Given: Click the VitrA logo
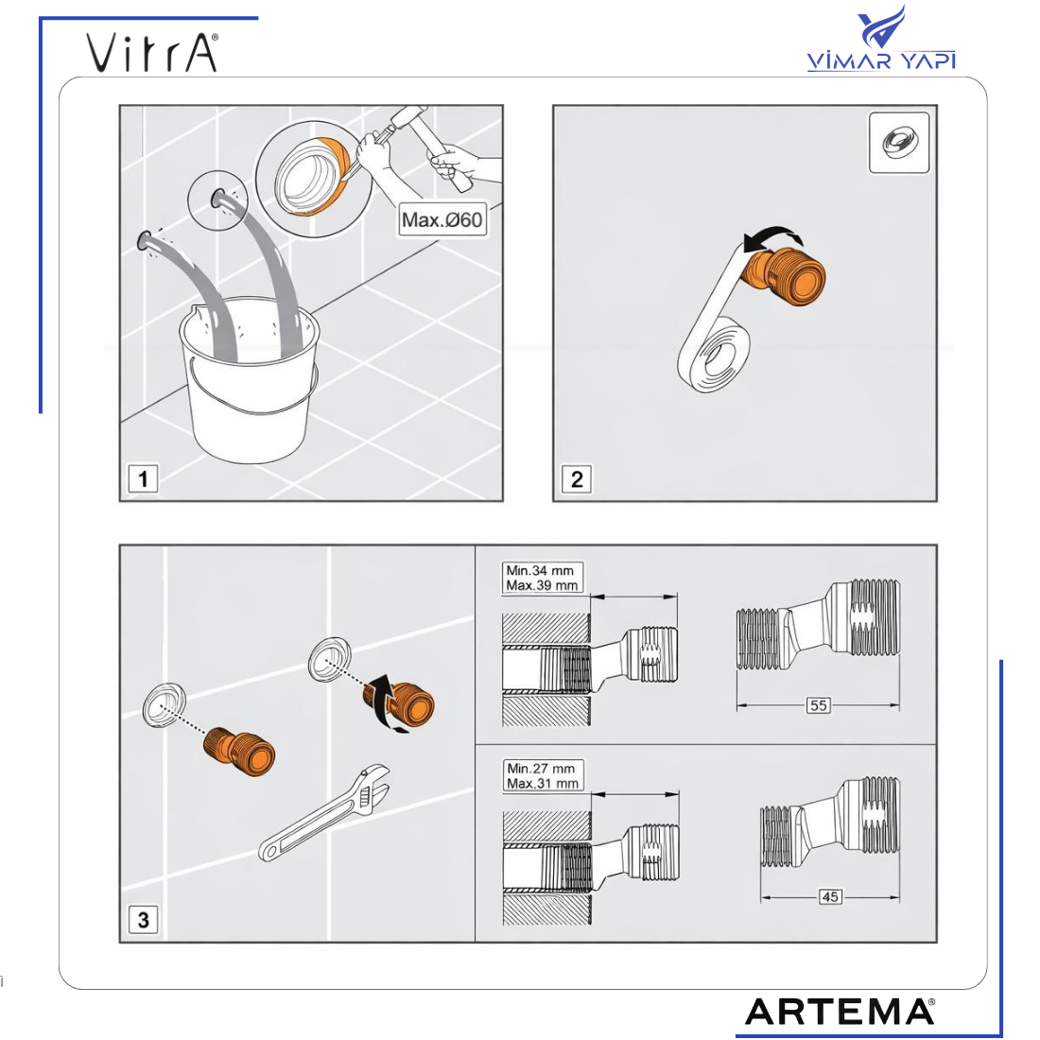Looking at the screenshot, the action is [152, 52].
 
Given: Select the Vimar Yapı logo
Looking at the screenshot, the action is [881, 39].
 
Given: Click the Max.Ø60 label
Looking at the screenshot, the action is [442, 219].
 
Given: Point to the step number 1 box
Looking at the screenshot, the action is [143, 478].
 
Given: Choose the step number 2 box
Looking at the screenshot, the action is [577, 479].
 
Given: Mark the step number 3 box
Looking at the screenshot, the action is [143, 919].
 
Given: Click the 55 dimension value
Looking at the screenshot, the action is [819, 705].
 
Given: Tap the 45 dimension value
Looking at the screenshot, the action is [830, 896].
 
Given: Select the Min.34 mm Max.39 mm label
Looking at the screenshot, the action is [542, 578].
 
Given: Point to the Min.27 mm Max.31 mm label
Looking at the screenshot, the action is [543, 775].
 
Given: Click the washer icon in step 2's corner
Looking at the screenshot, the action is [899, 143].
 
